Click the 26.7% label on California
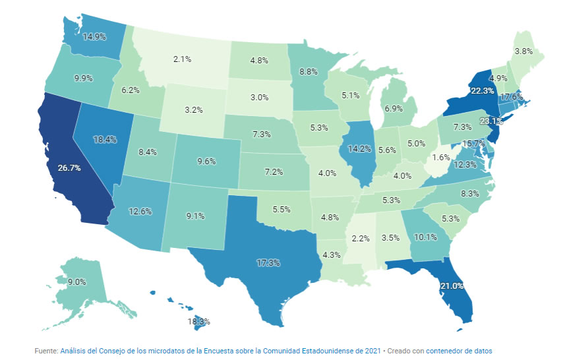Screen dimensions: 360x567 coord(69,168)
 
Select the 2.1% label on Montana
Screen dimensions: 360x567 coord(182,59)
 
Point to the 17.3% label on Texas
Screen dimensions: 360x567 coord(268,262)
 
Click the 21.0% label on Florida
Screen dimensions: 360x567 coord(452,285)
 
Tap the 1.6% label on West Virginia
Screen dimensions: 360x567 coord(442,158)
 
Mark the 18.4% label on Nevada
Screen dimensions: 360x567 coord(105,140)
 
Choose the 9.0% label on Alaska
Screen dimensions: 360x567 coord(77,282)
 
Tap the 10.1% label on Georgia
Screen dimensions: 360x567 coord(406,237)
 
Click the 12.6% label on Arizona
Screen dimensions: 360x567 coord(139,212)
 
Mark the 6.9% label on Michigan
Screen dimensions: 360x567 coord(393,107)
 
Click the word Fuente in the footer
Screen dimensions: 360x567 coord(46,351)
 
